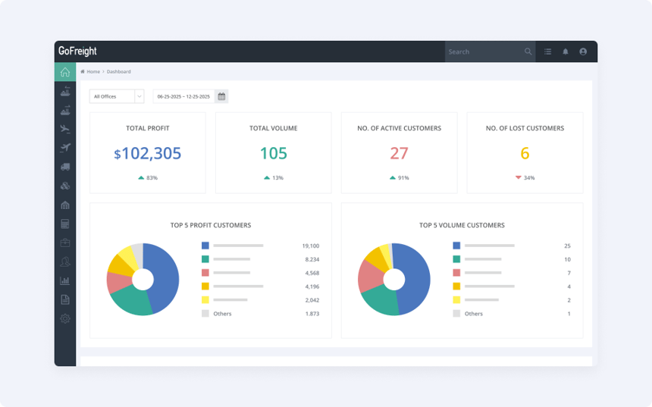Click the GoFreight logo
click(77, 52)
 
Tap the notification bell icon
click(565, 52)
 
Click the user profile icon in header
click(583, 52)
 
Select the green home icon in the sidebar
click(65, 72)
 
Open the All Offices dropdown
click(116, 96)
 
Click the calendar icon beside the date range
click(221, 96)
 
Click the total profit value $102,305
click(148, 154)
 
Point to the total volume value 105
click(273, 154)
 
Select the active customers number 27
click(399, 154)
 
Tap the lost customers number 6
click(525, 154)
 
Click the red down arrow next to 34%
click(519, 177)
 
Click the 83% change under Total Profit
click(152, 177)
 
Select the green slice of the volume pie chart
click(379, 302)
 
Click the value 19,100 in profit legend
click(311, 246)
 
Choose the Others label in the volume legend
click(473, 314)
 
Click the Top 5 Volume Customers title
click(462, 225)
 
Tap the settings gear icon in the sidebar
click(65, 319)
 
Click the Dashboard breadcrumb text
click(118, 71)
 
